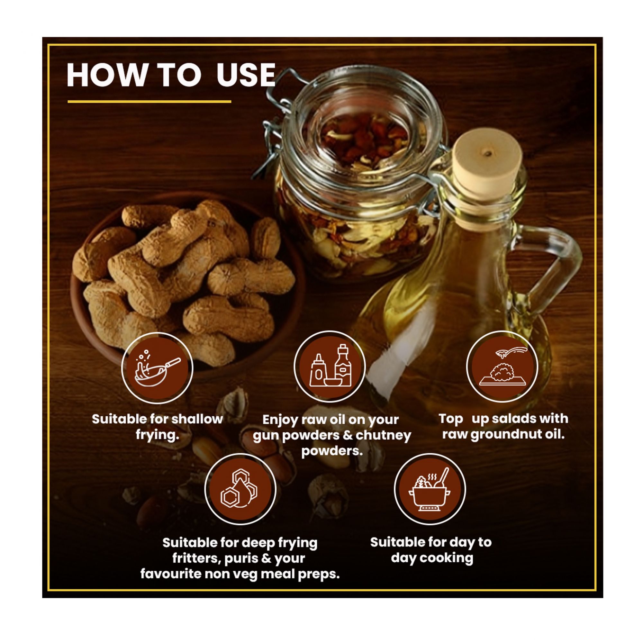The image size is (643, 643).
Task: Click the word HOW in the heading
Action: (x=107, y=75)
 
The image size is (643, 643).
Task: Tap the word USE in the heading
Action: (x=246, y=75)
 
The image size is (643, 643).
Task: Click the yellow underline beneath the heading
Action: (x=149, y=102)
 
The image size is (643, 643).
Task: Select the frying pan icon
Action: (x=157, y=368)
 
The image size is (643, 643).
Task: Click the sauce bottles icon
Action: (x=330, y=367)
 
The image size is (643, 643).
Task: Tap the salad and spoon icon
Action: (x=502, y=367)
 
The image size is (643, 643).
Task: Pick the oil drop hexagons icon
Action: (x=240, y=489)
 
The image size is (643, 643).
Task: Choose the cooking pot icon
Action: (x=430, y=489)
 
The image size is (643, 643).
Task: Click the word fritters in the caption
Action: (x=197, y=558)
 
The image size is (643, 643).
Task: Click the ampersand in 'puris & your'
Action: (x=266, y=558)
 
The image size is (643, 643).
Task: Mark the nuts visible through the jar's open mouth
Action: (x=363, y=140)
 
